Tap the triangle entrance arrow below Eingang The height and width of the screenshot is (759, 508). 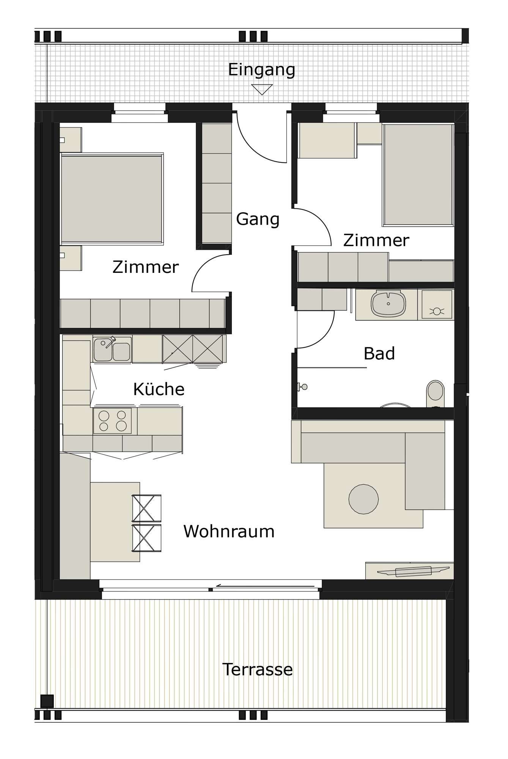262,90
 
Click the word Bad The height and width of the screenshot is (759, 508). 379,353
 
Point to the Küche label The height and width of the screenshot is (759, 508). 159,389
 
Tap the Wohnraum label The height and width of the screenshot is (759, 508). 229,531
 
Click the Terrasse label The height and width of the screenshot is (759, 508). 257,669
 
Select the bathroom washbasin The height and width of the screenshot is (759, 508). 388,304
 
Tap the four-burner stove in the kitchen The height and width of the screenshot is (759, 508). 112,421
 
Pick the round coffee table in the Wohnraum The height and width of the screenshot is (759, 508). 363,499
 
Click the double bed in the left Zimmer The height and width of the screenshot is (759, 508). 112,198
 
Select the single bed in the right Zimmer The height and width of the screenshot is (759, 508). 418,175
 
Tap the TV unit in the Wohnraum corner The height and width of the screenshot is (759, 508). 410,571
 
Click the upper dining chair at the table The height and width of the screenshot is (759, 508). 146,508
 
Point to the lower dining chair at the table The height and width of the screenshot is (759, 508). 146,538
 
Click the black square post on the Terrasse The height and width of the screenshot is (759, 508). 47,701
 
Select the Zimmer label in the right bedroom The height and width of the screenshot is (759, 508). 376,240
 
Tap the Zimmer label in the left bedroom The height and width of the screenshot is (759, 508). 146,267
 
